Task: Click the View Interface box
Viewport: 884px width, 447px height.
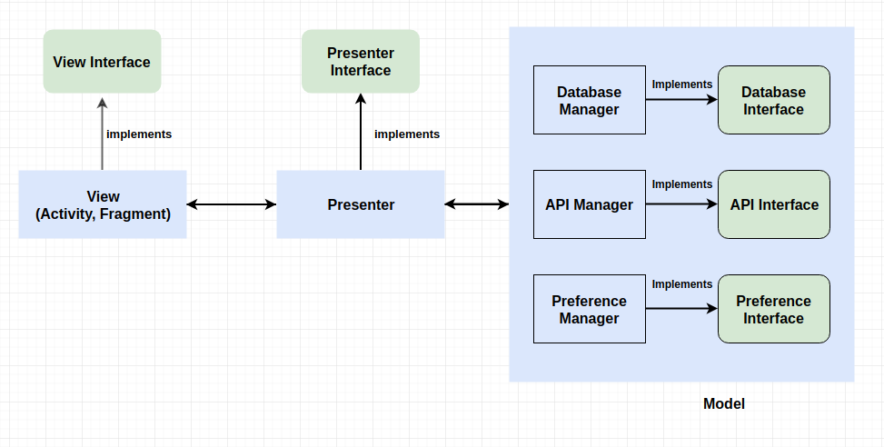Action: click(x=102, y=62)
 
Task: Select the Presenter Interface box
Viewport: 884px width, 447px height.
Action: click(x=361, y=62)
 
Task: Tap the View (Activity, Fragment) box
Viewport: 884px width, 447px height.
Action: click(x=103, y=204)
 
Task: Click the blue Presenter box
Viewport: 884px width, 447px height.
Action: click(x=361, y=204)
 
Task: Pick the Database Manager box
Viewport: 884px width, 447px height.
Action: click(x=589, y=100)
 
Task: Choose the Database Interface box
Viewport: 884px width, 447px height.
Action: click(x=773, y=100)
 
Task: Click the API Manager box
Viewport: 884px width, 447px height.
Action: click(x=589, y=204)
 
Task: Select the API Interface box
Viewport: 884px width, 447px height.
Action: click(x=773, y=204)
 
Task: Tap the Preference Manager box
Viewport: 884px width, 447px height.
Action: click(x=589, y=309)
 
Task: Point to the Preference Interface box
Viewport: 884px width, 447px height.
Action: click(x=773, y=309)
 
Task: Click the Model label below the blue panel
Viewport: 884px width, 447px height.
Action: click(x=723, y=403)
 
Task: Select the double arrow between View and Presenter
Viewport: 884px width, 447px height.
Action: click(x=232, y=205)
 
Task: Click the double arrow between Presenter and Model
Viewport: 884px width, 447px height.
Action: click(x=477, y=205)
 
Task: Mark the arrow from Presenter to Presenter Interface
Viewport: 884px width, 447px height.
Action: click(x=361, y=132)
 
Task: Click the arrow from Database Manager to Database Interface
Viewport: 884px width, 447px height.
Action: click(x=681, y=100)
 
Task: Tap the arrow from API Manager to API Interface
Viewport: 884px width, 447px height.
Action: click(x=681, y=204)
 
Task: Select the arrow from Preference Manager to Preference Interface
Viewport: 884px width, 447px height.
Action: click(x=681, y=309)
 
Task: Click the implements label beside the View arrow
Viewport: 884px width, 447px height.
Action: click(x=139, y=134)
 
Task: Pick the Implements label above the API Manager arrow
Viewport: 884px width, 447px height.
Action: click(x=682, y=184)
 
